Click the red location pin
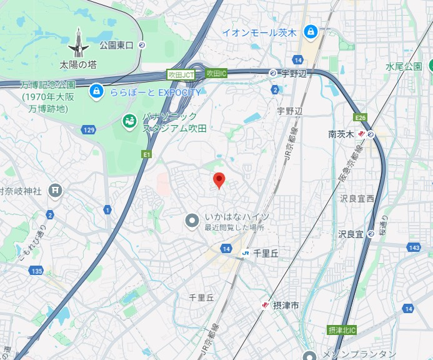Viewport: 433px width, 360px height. click(x=219, y=180)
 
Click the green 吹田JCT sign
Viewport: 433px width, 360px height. click(x=181, y=74)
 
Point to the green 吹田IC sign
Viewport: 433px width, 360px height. click(x=216, y=74)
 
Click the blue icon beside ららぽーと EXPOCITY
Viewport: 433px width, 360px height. click(x=96, y=92)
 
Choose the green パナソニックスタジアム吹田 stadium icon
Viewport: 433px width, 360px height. click(x=131, y=119)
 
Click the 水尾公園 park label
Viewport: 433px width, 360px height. click(x=404, y=66)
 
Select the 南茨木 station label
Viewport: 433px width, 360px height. click(x=341, y=134)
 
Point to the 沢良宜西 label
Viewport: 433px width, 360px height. click(x=357, y=198)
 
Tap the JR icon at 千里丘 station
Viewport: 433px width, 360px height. click(x=246, y=252)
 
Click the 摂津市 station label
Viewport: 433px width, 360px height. click(x=286, y=305)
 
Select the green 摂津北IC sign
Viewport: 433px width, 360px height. click(x=341, y=329)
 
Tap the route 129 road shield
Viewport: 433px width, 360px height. click(x=88, y=129)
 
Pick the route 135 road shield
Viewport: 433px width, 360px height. click(x=36, y=271)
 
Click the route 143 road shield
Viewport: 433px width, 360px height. click(x=413, y=247)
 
